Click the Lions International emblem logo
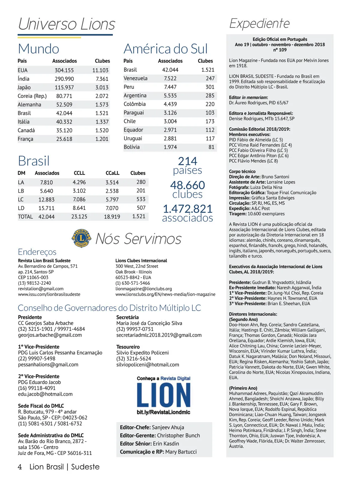point(81,239)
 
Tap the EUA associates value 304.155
point(64,70)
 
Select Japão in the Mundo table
point(24,88)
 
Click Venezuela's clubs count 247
point(210,78)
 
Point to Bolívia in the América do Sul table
point(131,147)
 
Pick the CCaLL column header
point(112,173)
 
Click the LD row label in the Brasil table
point(21,208)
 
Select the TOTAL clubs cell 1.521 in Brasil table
point(139,216)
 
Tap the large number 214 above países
point(187,161)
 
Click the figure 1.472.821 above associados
point(187,209)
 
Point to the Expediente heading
point(259,23)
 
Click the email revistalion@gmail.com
point(41,289)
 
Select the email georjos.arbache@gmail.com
point(50,335)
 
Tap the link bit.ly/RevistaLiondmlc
point(163,412)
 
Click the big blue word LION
point(163,395)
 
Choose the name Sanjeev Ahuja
point(168,427)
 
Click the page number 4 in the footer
point(20,467)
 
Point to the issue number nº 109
point(280,50)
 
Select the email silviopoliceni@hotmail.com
point(148,365)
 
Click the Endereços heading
point(37,252)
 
